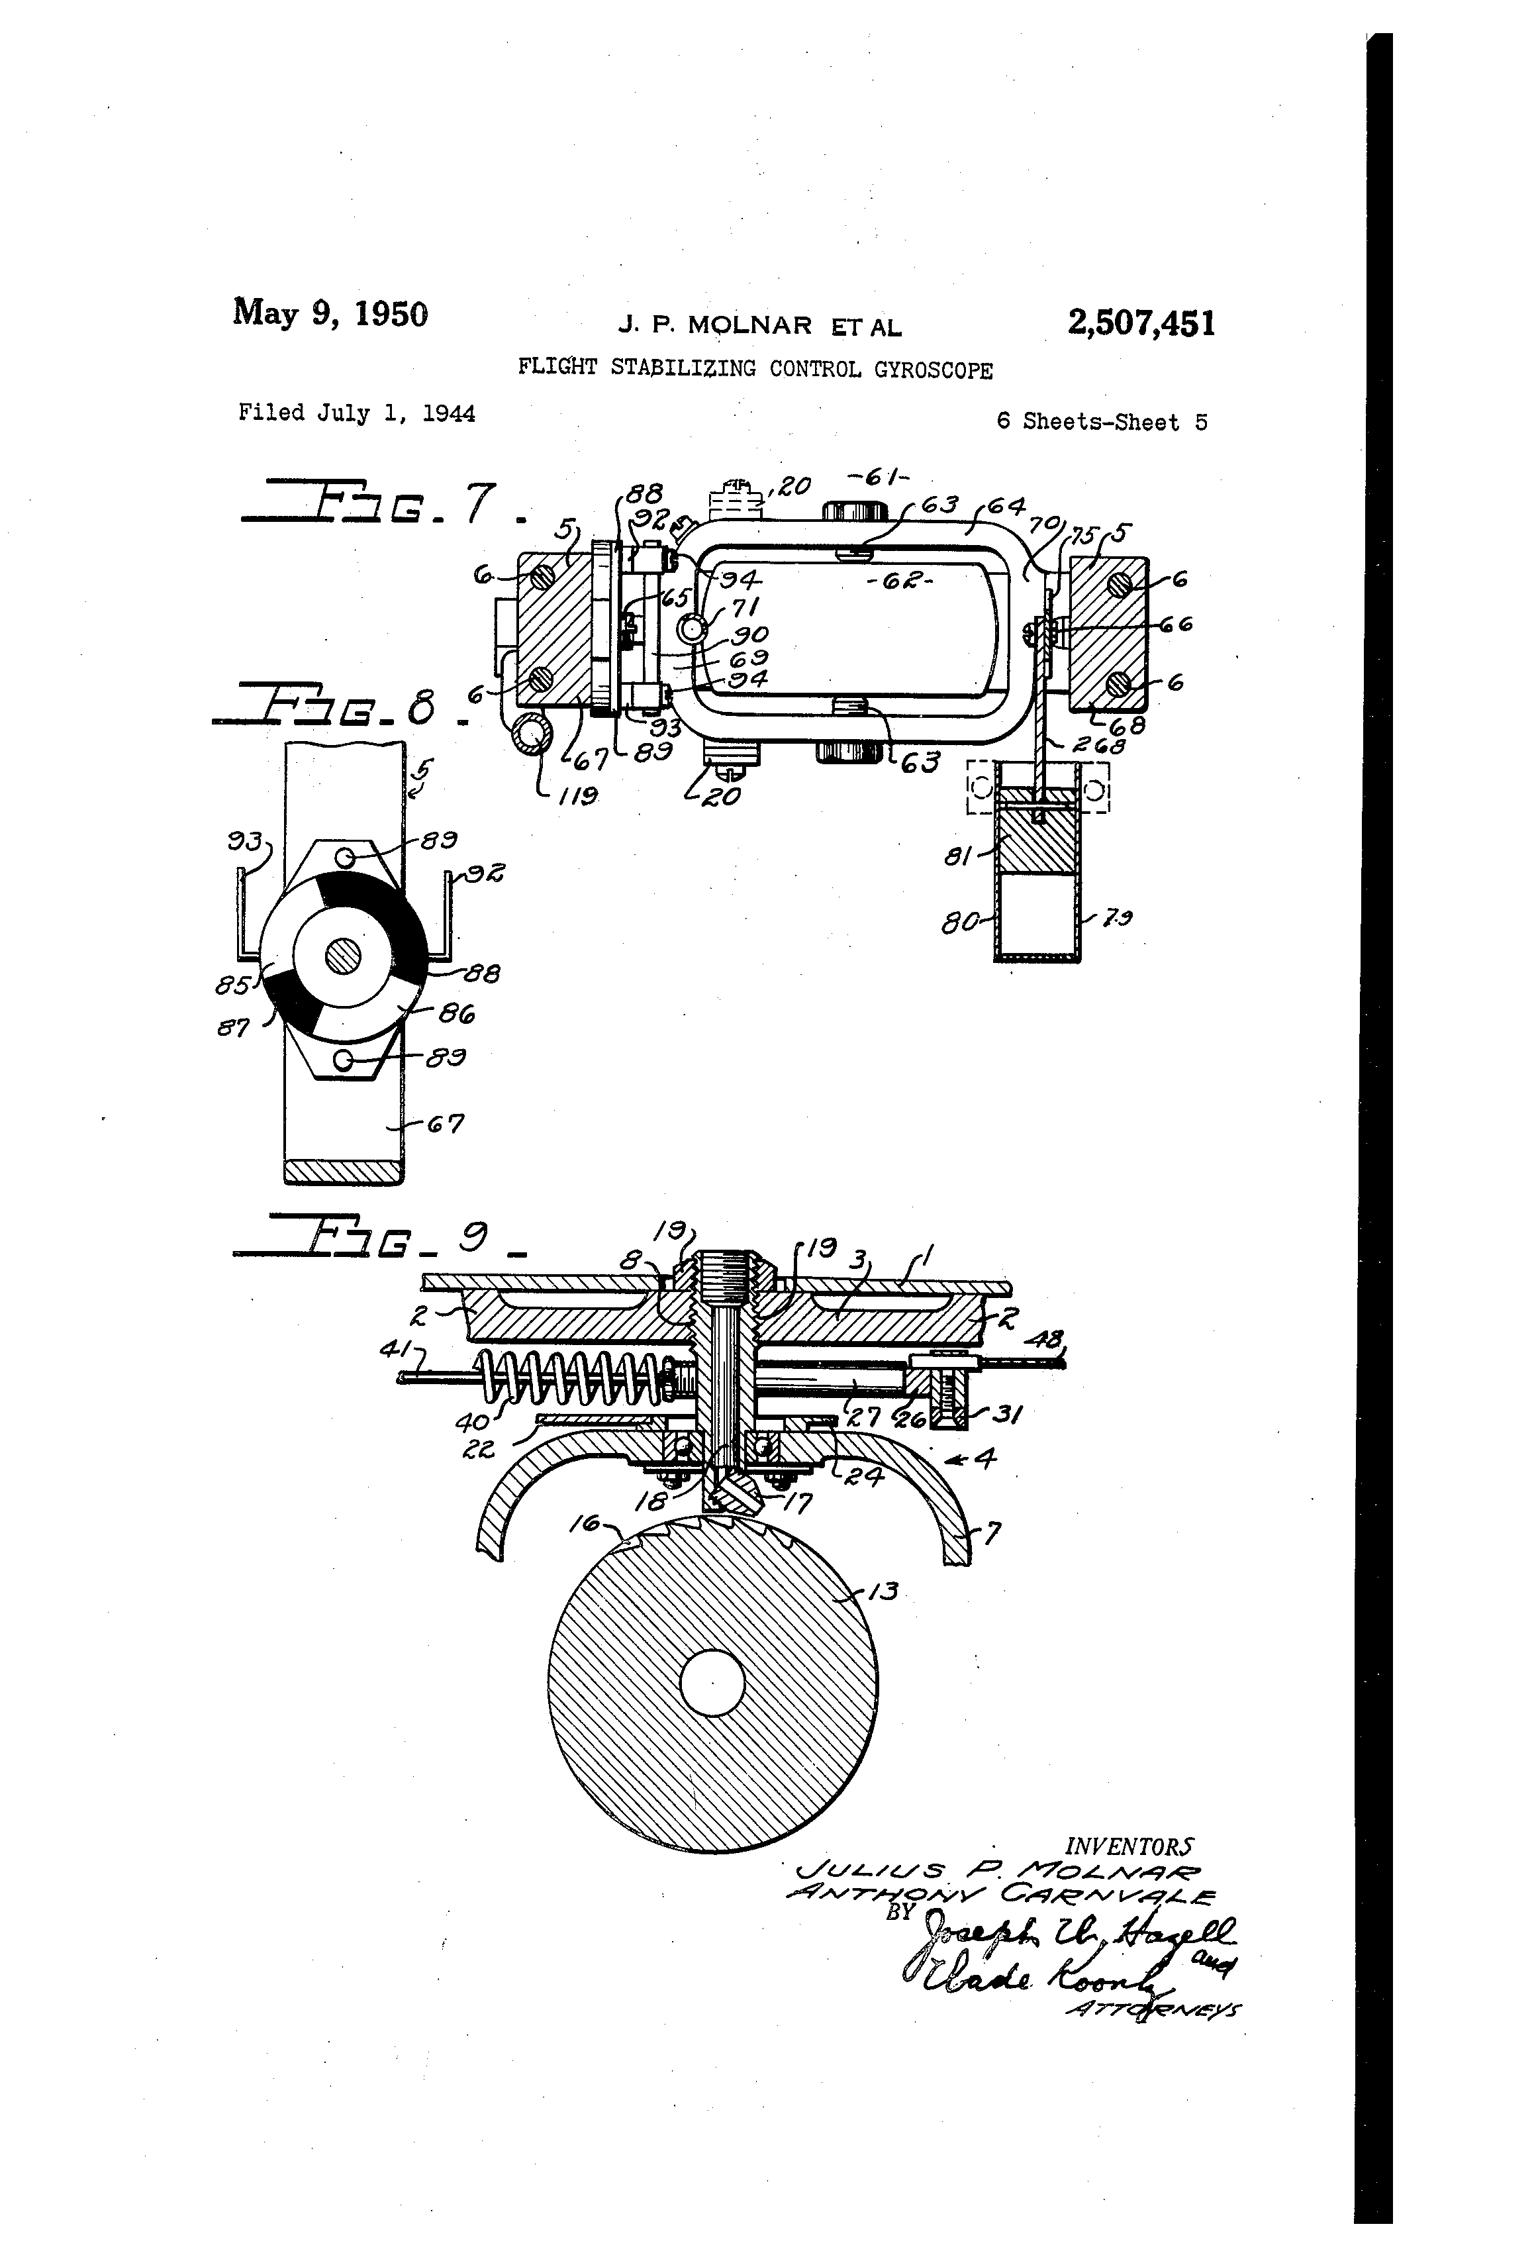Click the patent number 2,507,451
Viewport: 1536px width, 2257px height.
click(x=1141, y=323)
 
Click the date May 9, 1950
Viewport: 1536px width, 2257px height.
click(x=330, y=314)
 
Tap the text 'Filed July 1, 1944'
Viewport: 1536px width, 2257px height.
click(x=356, y=414)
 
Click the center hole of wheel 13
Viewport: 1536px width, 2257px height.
click(x=712, y=1683)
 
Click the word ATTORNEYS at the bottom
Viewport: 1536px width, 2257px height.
click(x=1153, y=2011)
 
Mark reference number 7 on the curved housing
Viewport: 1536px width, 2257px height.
click(x=992, y=1532)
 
